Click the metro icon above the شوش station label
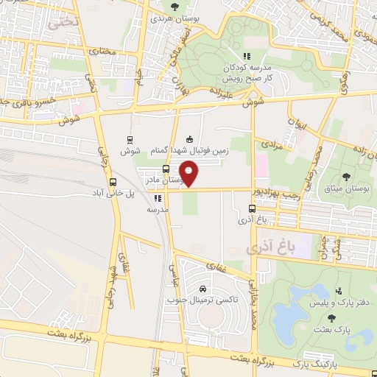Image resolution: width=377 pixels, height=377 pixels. click(x=130, y=139)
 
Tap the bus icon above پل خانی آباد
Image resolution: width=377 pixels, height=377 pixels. click(x=113, y=183)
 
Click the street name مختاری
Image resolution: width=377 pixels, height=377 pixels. click(x=103, y=52)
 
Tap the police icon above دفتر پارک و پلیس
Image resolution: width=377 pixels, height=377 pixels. click(x=338, y=292)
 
